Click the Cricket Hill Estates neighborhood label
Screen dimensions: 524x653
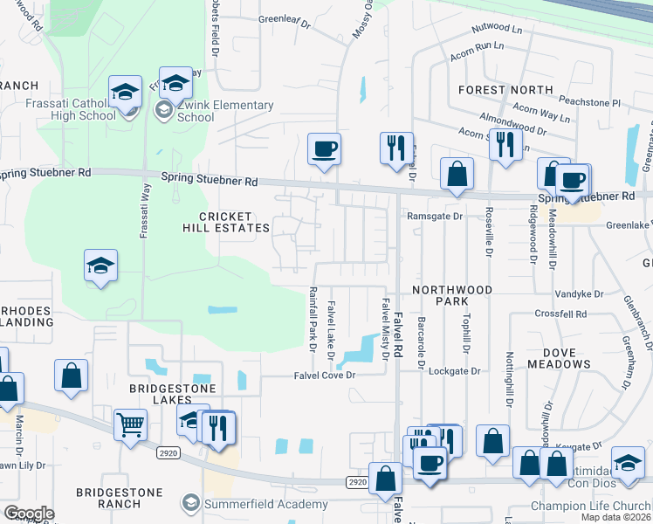tap(225, 222)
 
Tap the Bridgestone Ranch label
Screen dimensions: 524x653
tap(120, 498)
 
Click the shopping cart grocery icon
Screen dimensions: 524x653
tap(130, 425)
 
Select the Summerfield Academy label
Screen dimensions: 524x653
tap(247, 503)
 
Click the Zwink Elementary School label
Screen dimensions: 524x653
tap(213, 111)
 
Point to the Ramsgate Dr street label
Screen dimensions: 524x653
tap(434, 216)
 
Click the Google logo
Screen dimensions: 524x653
tap(29, 514)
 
